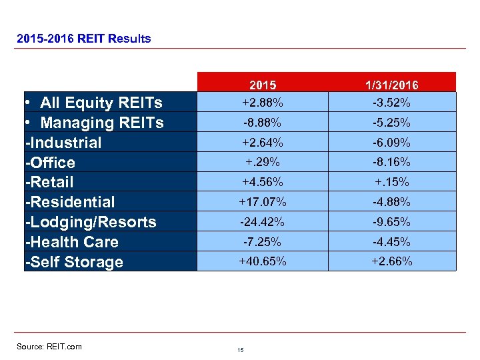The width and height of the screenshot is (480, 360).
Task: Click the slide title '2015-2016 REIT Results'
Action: [x=83, y=39]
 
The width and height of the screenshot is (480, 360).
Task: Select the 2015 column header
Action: [x=263, y=85]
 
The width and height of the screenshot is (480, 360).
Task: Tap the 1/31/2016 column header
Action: [x=392, y=85]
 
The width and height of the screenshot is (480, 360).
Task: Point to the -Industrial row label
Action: [x=63, y=143]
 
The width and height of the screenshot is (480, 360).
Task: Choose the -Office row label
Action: [x=50, y=163]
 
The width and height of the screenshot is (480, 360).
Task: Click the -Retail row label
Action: [x=49, y=182]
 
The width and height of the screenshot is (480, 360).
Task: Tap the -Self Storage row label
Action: [x=74, y=262]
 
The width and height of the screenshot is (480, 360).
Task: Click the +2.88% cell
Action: [x=263, y=103]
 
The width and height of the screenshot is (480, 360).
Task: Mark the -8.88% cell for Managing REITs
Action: [x=263, y=123]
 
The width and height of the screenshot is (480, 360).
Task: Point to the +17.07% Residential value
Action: [x=263, y=202]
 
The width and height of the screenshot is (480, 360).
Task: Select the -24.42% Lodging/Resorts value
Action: [x=263, y=222]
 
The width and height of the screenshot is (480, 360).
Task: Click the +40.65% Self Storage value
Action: [x=263, y=261]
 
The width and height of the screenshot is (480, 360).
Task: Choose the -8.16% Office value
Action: [x=392, y=162]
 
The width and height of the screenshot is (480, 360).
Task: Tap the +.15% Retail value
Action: [x=392, y=182]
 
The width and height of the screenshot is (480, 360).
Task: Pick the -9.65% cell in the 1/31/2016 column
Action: [x=392, y=222]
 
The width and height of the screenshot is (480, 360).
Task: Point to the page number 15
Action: [x=240, y=350]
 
